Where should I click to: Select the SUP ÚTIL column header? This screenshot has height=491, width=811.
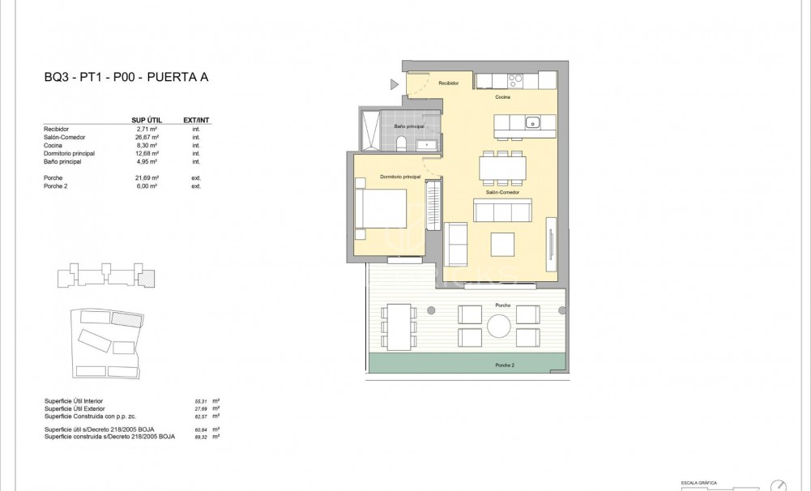click(x=145, y=121)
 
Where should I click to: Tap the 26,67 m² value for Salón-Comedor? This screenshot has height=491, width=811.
click(x=145, y=137)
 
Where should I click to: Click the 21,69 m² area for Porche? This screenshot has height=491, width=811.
click(x=145, y=177)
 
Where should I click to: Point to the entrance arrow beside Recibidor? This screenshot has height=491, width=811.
click(x=395, y=83)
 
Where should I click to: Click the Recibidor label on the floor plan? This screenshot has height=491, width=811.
click(x=449, y=83)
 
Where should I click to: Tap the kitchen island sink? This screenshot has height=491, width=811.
click(x=532, y=123)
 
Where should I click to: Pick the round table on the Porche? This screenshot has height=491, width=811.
click(x=498, y=325)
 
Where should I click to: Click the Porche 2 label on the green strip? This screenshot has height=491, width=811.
click(x=504, y=365)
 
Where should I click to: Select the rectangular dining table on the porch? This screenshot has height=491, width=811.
click(x=398, y=326)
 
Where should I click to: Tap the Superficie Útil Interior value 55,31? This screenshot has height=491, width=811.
click(x=200, y=401)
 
